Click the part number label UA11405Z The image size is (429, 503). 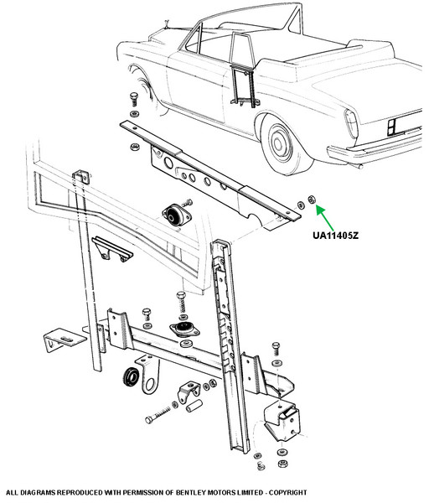[x=335, y=236]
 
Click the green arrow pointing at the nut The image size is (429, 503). [x=325, y=218]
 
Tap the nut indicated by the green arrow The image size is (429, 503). [x=311, y=200]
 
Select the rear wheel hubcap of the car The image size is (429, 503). [x=280, y=143]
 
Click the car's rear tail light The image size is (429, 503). [x=351, y=123]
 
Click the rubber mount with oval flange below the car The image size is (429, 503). [x=176, y=215]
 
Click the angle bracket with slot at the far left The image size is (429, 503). [x=64, y=340]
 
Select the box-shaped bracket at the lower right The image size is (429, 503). [x=282, y=420]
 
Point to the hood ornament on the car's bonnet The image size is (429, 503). [x=167, y=25]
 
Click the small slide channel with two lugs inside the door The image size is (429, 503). [x=112, y=249]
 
